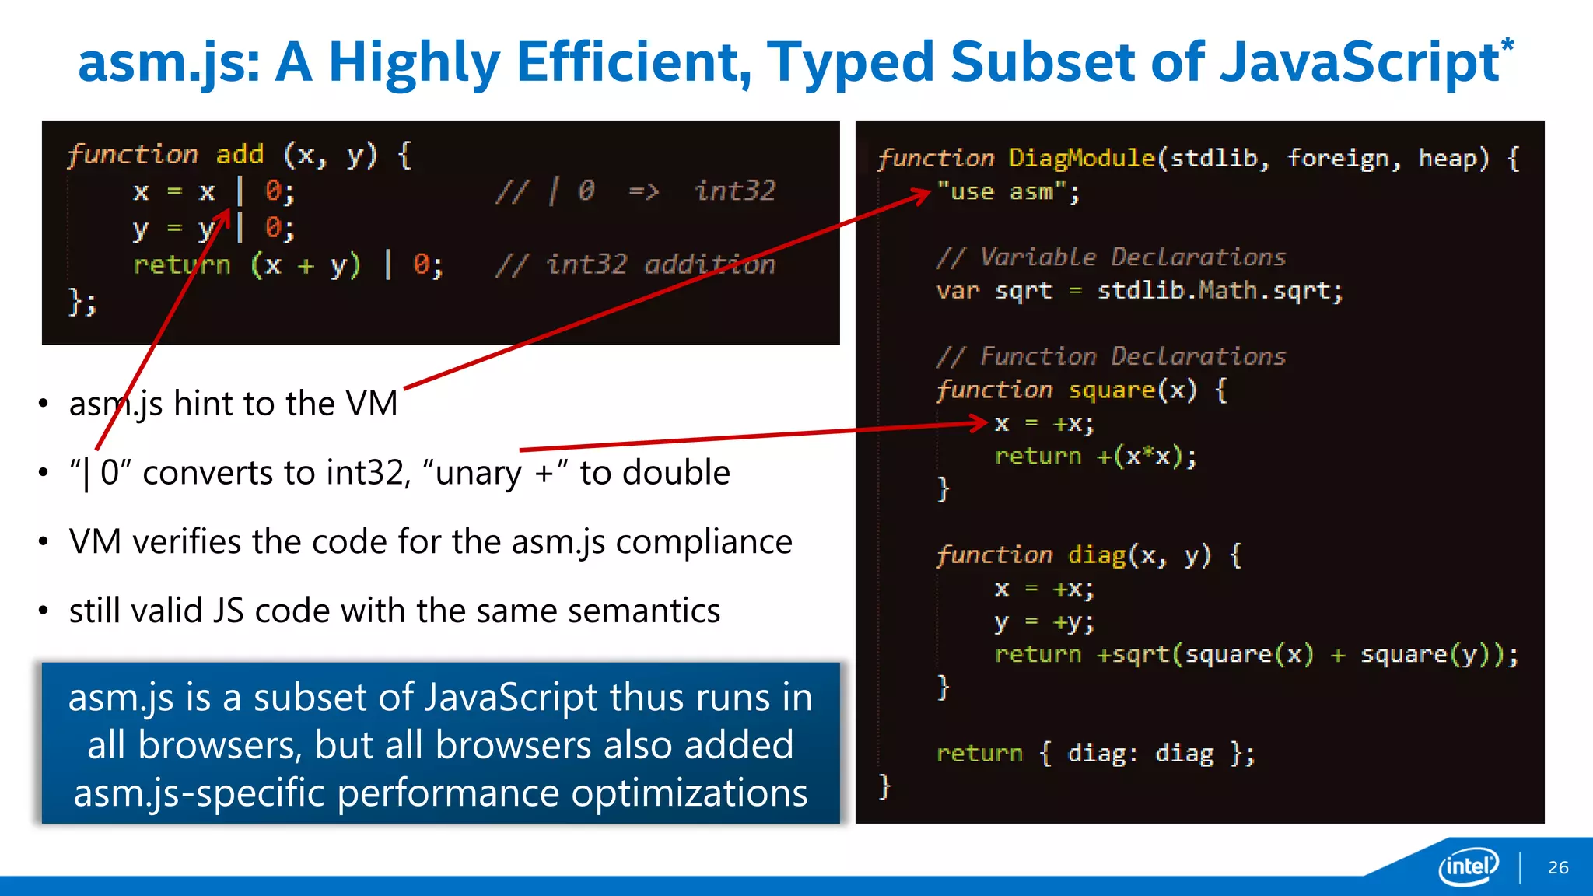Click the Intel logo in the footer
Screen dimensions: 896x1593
(x=1469, y=866)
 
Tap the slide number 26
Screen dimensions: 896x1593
(x=1558, y=867)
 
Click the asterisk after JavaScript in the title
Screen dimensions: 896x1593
(x=1507, y=45)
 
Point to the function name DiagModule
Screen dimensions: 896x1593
(x=1081, y=159)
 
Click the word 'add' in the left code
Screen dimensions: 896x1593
(x=240, y=154)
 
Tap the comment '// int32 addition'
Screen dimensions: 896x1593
(x=635, y=265)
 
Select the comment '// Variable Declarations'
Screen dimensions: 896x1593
(x=1111, y=257)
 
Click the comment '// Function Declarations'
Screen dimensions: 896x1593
(x=1111, y=357)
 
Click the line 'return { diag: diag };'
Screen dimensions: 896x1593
(x=1095, y=754)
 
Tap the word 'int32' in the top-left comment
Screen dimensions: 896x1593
(x=735, y=191)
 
